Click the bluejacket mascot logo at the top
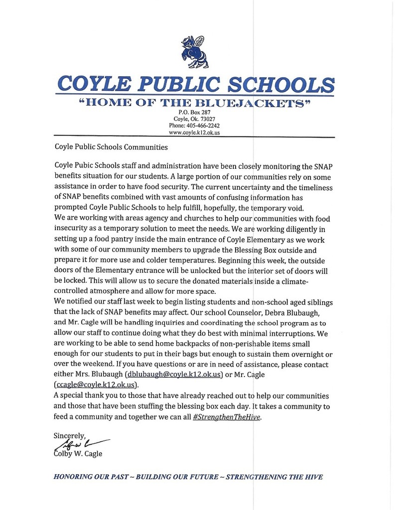tap(194, 52)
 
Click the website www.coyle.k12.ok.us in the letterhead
tap(194, 133)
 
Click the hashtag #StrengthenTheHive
tap(227, 417)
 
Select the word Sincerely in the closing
tap(72, 435)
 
